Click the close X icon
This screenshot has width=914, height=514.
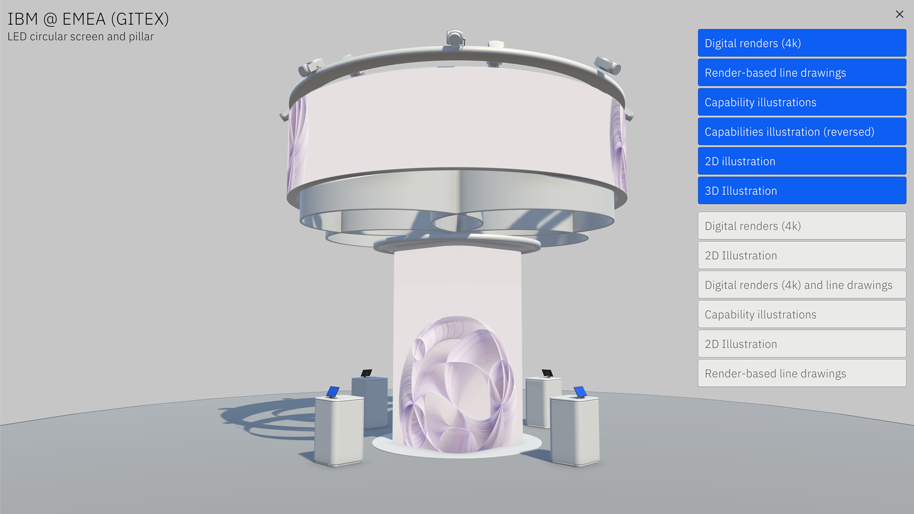click(x=899, y=14)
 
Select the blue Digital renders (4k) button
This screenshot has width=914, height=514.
click(x=802, y=43)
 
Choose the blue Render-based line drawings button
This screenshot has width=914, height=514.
click(x=802, y=72)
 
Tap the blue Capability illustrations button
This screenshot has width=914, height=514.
click(x=802, y=102)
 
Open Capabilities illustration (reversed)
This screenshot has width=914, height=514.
click(x=802, y=131)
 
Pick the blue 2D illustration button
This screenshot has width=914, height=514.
click(x=802, y=161)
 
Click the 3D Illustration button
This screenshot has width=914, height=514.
click(x=802, y=190)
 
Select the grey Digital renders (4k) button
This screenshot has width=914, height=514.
click(x=802, y=226)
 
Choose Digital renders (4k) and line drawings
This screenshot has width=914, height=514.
click(x=802, y=285)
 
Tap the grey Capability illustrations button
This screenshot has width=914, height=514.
click(x=802, y=314)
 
